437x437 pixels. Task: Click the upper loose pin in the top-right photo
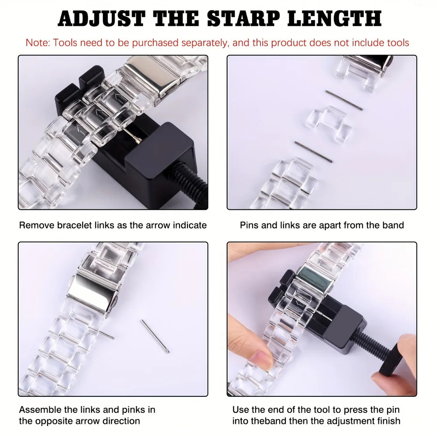pos(343,100)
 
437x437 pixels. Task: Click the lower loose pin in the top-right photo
pos(313,152)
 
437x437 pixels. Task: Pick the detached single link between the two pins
pos(329,124)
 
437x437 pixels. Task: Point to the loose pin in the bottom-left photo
pos(155,336)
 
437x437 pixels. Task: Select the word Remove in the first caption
pos(35,225)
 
